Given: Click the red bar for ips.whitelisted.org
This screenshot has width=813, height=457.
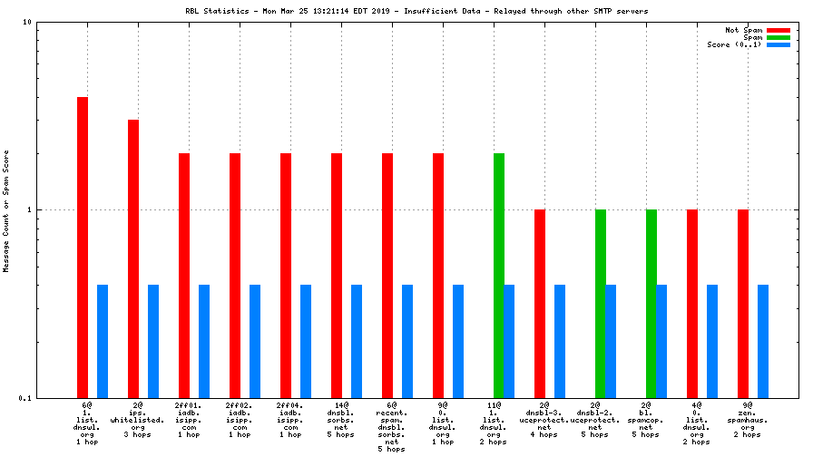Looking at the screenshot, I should click(x=133, y=258).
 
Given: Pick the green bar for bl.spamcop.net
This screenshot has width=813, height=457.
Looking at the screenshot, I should click(x=651, y=304).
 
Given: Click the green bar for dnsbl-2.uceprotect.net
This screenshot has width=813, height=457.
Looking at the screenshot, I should click(x=600, y=304).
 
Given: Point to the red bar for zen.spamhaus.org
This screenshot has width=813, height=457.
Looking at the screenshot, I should click(x=743, y=304).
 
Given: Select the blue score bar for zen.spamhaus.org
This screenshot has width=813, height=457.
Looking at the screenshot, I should click(x=763, y=341).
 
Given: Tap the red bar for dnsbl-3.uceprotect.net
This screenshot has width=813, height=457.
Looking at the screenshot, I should click(x=540, y=304).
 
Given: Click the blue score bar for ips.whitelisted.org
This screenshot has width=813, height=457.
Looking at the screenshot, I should click(x=153, y=341).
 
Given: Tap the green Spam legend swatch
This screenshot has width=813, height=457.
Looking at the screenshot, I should click(x=779, y=37).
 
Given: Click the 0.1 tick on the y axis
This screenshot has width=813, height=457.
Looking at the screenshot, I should click(x=25, y=398).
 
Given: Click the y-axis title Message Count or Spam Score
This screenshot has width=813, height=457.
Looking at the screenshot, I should click(x=6, y=210).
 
